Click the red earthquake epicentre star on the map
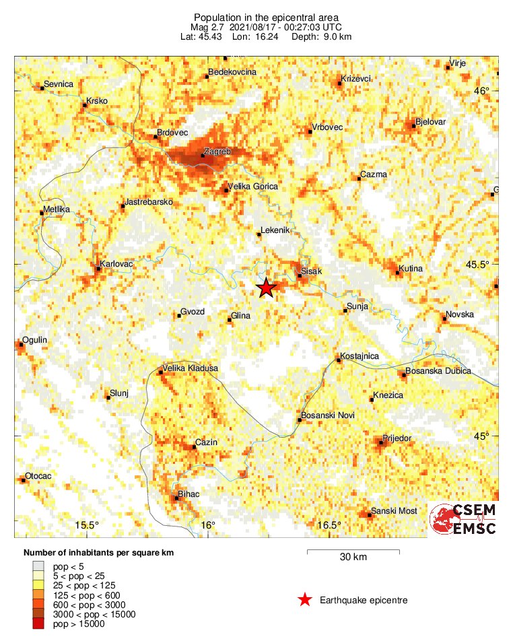pyautogui.click(x=267, y=288)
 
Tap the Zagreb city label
pyautogui.click(x=217, y=152)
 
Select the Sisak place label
pyautogui.click(x=311, y=271)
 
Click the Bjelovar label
pyautogui.click(x=431, y=122)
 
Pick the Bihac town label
pyautogui.click(x=189, y=495)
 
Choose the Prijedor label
pyautogui.click(x=397, y=438)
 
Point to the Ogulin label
pyautogui.click(x=35, y=341)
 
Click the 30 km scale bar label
pyautogui.click(x=353, y=557)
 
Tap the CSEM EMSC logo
pyautogui.click(x=464, y=519)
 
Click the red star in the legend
pyautogui.click(x=305, y=600)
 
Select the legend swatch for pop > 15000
pyautogui.click(x=39, y=624)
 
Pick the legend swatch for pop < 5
pyautogui.click(x=39, y=567)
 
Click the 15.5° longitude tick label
pyautogui.click(x=87, y=525)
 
